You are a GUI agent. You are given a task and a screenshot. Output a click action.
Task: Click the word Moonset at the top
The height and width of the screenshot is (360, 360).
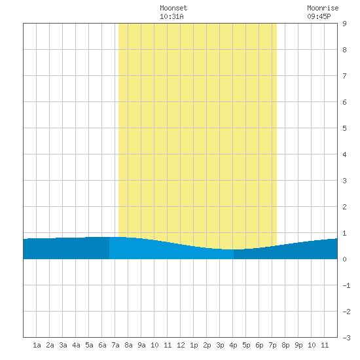[x=173, y=8]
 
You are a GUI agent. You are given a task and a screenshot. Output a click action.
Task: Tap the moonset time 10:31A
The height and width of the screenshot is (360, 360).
[x=171, y=16]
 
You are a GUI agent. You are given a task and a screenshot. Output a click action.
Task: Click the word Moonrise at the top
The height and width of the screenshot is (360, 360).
[x=323, y=8]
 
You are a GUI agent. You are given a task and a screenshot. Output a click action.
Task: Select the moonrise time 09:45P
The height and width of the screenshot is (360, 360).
[x=319, y=16]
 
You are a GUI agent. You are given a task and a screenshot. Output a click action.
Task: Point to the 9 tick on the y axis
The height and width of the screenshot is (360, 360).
[x=344, y=24]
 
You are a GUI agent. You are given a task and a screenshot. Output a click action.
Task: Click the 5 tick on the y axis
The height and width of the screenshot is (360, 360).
[x=344, y=128]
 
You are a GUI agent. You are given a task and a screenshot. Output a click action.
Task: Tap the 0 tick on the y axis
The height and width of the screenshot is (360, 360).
[x=344, y=259]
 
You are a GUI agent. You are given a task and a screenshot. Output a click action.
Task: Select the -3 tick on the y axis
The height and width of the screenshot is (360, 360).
[x=346, y=338]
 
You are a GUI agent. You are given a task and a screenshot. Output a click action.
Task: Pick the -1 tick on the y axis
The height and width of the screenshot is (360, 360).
[x=346, y=285]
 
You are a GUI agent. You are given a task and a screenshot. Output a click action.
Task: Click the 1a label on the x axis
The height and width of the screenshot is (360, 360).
[x=37, y=345]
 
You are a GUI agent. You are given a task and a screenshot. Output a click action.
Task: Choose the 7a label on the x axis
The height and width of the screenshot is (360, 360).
[x=115, y=345]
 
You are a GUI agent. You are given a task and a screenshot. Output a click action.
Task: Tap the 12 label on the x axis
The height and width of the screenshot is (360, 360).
[x=181, y=345]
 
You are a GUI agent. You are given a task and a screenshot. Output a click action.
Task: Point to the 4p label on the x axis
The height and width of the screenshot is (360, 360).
[x=233, y=345]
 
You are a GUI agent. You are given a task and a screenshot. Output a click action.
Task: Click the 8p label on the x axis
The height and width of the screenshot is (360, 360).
[x=285, y=345]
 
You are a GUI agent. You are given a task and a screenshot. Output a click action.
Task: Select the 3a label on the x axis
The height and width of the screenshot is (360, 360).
[x=63, y=345]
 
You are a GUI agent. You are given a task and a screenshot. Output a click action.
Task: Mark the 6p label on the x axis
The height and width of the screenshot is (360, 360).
[x=259, y=345]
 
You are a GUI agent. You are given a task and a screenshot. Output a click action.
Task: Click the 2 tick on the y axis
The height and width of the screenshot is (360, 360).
[x=344, y=207]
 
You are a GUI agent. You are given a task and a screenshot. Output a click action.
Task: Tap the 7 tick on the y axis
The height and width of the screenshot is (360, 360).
[x=344, y=76]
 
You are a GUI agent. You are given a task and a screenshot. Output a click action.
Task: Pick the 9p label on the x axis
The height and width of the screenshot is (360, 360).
[x=298, y=345]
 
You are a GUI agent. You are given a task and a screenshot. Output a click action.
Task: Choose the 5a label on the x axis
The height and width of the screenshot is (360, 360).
[x=89, y=345]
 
